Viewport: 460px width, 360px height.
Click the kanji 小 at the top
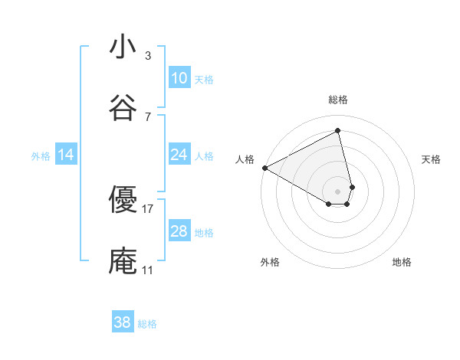point(123,47)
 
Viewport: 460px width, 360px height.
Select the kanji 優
point(123,199)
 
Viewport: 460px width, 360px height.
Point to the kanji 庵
point(123,260)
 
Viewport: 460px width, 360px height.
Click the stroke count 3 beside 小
point(148,55)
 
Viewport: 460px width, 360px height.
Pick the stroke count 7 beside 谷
point(148,116)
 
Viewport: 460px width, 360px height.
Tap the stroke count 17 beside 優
point(148,208)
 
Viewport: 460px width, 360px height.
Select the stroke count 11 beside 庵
point(148,270)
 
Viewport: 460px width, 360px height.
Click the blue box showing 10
point(179,78)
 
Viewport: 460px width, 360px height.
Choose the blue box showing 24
point(179,155)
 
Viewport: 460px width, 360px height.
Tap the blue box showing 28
point(179,231)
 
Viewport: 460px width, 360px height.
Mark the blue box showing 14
point(66,155)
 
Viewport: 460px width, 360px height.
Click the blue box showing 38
point(123,322)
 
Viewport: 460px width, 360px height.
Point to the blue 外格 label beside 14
point(41,156)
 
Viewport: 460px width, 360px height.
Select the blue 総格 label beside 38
point(147,324)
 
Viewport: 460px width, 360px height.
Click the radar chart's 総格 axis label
point(338,100)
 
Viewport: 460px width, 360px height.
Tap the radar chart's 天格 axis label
point(432,159)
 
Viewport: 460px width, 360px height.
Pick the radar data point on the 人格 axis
point(264,167)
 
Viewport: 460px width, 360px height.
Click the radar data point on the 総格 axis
point(338,130)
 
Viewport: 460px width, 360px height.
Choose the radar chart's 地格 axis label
point(402,262)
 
